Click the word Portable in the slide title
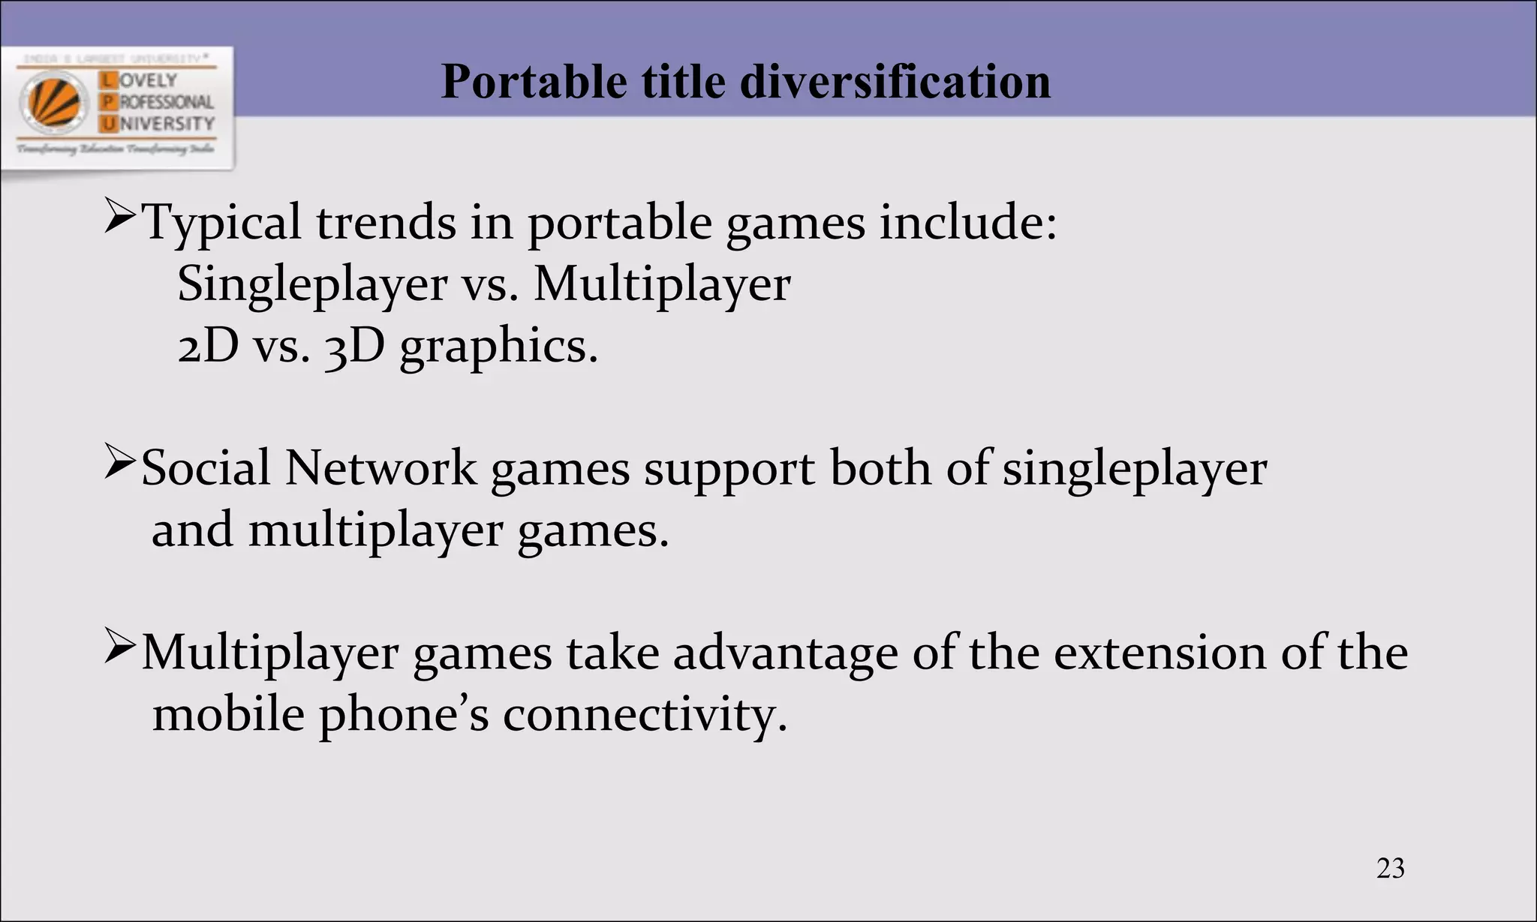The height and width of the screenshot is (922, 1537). (x=534, y=81)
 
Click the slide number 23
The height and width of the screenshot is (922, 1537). (x=1390, y=868)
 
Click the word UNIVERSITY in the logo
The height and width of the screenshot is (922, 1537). (x=158, y=123)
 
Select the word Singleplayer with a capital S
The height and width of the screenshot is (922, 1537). (x=312, y=285)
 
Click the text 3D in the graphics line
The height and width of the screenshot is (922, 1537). (x=354, y=347)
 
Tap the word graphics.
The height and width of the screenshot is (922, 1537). (x=498, y=348)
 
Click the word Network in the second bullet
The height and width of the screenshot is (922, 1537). (x=380, y=469)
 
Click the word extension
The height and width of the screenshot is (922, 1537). (x=1160, y=653)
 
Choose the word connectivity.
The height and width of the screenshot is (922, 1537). (x=645, y=715)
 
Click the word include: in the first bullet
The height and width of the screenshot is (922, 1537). (x=968, y=223)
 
